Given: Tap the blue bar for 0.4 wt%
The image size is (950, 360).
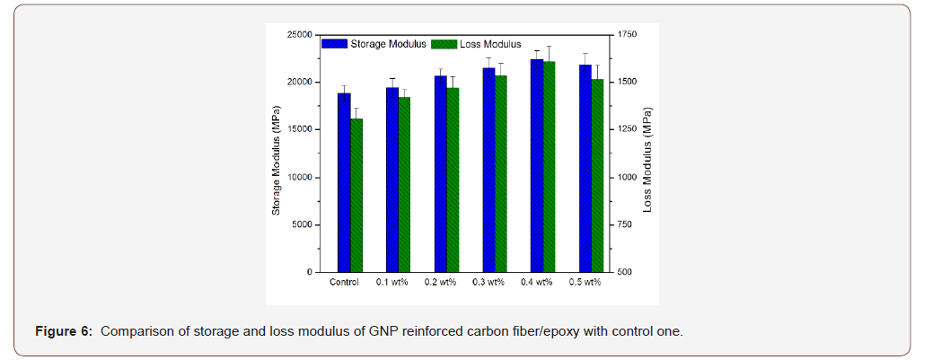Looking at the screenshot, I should click(537, 166).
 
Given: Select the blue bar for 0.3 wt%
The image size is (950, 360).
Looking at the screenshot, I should click(488, 170).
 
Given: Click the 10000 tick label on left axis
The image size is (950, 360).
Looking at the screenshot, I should click(298, 177).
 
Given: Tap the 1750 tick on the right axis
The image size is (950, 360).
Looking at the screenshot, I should click(627, 34).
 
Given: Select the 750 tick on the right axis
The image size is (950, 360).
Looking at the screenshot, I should click(625, 224).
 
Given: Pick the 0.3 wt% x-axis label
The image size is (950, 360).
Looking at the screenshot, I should click(488, 283).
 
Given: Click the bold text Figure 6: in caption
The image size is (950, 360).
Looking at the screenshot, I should click(64, 331).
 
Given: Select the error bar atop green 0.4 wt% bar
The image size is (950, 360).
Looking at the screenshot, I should click(549, 53).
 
